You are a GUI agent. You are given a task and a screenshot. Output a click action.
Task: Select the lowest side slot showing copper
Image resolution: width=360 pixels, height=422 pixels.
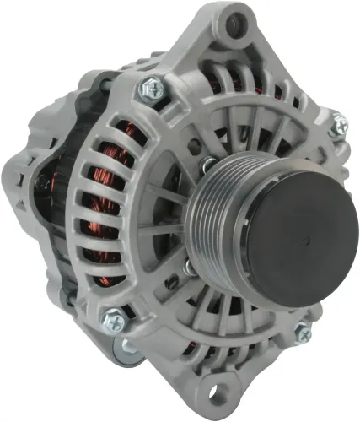click(110, 278)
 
